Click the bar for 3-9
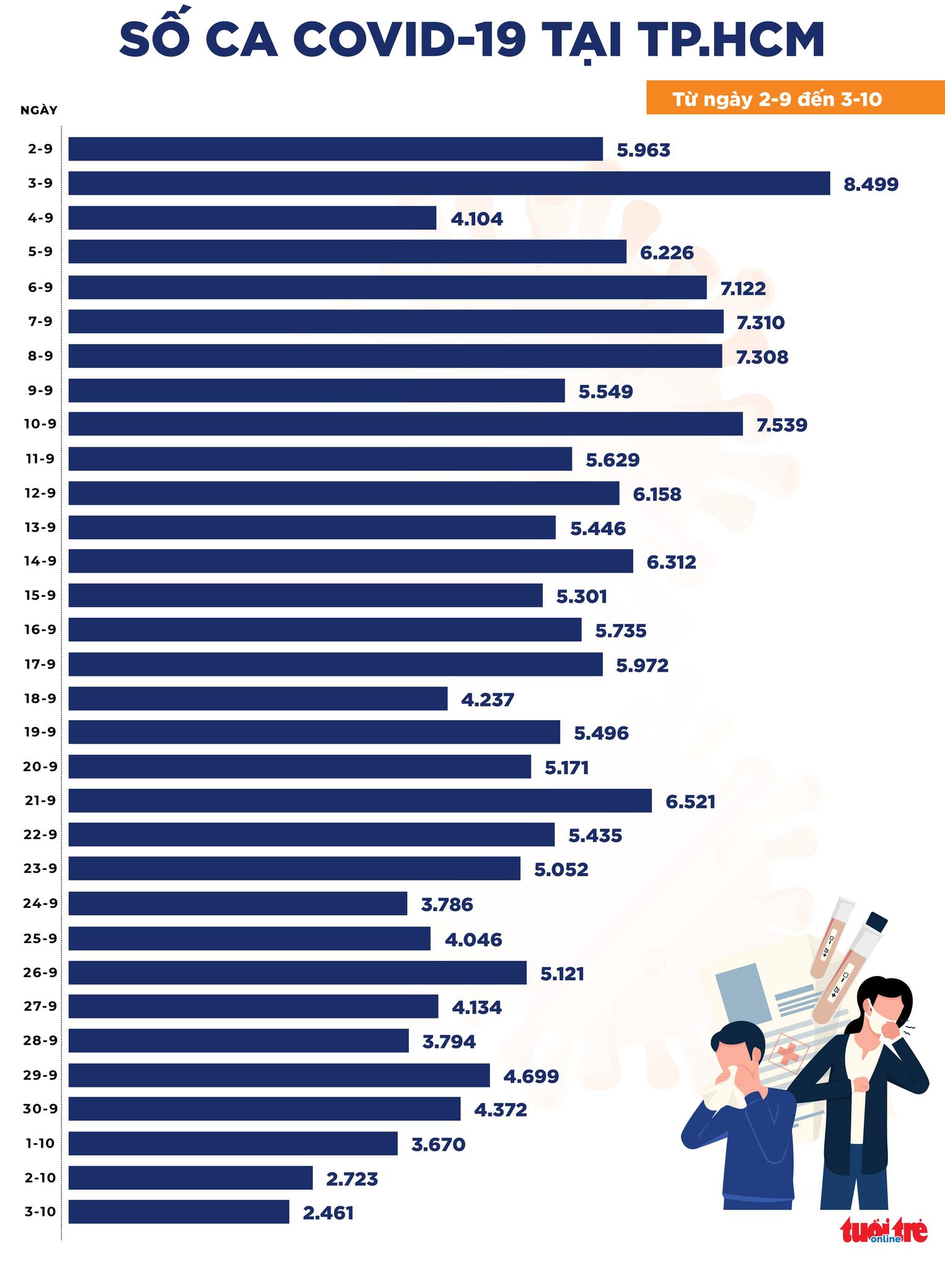coord(449,183)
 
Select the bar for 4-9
coord(252,218)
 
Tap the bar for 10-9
coord(405,424)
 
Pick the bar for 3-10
coord(178,1211)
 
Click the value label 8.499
coord(871,184)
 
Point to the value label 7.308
coord(762,357)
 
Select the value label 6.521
coord(690,802)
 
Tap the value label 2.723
coord(352,1179)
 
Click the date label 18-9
coord(40,698)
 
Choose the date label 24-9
coord(40,903)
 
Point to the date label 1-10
coord(40,1143)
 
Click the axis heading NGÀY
coord(39,110)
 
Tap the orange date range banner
coord(794,99)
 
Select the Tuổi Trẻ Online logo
coord(884,1230)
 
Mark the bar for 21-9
coord(359,801)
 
